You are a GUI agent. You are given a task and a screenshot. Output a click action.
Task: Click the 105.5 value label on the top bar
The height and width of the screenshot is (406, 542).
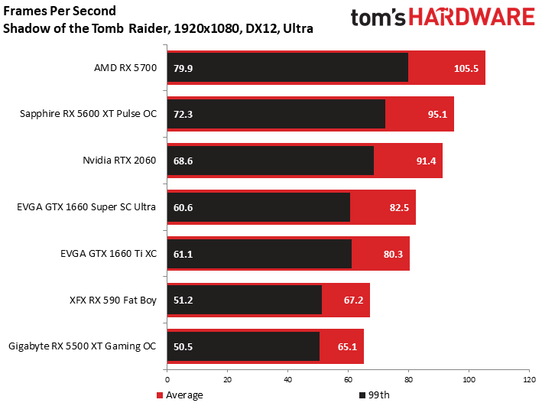point(466,69)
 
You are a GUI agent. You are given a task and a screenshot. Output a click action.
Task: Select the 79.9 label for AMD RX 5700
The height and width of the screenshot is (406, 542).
point(183,69)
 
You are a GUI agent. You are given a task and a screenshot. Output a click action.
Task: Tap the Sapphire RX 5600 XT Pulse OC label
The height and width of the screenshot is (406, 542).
point(88,114)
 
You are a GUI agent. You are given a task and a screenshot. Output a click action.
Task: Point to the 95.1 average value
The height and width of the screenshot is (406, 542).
point(437,115)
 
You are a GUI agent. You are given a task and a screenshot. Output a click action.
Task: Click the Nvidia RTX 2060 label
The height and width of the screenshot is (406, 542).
point(119,161)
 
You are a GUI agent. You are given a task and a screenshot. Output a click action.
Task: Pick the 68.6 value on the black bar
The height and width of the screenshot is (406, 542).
point(183,161)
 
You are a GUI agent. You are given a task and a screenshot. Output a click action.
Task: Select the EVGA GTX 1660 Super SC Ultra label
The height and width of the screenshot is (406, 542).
point(86,207)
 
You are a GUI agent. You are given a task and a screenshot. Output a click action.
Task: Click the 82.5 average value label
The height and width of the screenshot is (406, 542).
point(399,208)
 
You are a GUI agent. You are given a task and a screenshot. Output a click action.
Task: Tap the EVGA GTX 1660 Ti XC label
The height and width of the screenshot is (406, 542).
point(109,254)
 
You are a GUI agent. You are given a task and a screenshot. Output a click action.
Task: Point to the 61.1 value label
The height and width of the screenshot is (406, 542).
point(183,255)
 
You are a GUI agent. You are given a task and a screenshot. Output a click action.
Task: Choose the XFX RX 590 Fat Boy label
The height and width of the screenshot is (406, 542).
point(113,300)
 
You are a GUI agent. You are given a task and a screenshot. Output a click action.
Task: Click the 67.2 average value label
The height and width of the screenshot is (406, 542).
point(353,300)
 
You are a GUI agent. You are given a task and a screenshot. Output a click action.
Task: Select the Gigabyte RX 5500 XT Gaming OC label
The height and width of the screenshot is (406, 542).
point(83,346)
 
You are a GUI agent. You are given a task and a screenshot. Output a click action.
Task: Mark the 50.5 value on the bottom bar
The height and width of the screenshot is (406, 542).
point(183,347)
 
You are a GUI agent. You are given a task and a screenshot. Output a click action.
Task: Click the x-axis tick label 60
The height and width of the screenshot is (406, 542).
point(348,380)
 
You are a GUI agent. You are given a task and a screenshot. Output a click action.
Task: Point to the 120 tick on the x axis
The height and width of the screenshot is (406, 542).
point(529,380)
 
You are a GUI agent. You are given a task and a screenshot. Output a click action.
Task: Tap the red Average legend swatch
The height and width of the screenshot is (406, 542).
point(160,395)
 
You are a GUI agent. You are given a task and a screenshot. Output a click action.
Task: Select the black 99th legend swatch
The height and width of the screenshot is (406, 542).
point(362,395)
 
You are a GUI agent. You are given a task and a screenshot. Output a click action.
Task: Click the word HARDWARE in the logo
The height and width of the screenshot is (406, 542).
point(472,18)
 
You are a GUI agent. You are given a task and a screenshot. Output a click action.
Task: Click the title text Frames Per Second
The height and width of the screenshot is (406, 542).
point(60,11)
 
